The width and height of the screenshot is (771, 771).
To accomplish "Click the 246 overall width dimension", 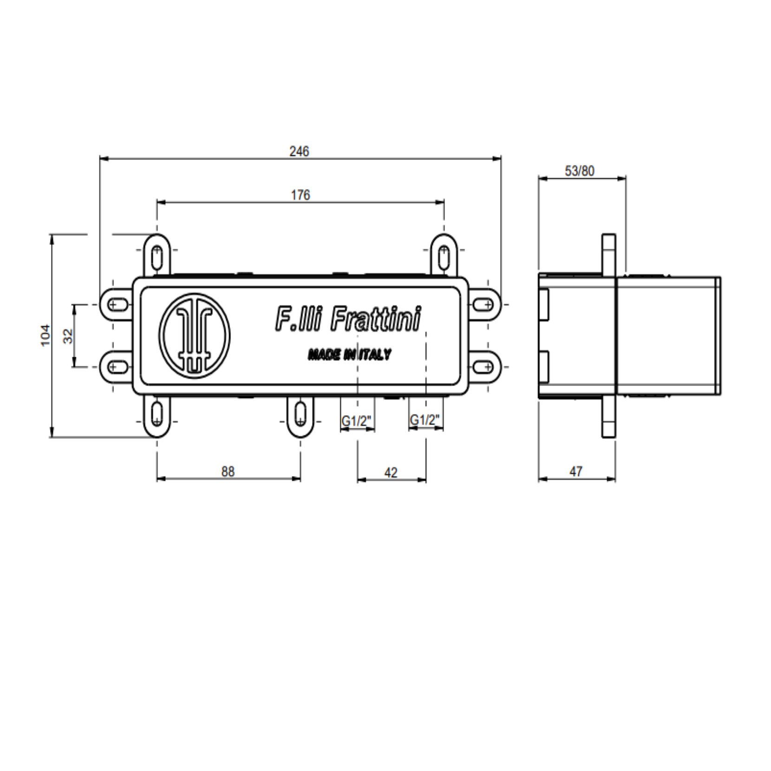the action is [299, 151].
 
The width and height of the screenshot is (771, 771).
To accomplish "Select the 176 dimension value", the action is [300, 195].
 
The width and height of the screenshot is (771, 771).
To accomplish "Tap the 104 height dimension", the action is [45, 335].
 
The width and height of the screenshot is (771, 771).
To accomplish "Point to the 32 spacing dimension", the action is [68, 336].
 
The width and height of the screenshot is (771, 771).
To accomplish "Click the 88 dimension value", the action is [228, 472].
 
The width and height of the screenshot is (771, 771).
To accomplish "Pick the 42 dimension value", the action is [391, 473].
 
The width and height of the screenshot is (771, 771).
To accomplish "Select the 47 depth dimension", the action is [576, 472].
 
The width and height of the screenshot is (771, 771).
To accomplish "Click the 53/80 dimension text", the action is [579, 171].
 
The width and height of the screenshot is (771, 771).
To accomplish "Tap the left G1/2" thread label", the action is [357, 421].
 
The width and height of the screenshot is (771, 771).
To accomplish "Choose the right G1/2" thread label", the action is [425, 420].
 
